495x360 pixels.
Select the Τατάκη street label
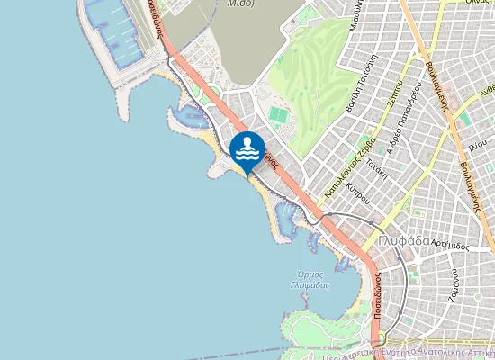[376, 169]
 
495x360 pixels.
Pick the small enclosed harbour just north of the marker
[192, 115]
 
